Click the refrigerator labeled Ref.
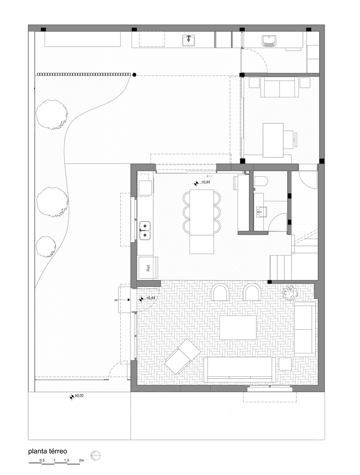tap(148, 268)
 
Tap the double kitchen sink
tap(145, 230)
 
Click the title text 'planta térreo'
tap(47, 451)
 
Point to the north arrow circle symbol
tap(95, 456)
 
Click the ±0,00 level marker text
tap(79, 395)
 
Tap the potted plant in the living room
tap(290, 293)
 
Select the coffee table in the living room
tap(238, 327)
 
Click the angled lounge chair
tap(182, 356)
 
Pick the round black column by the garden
tap(134, 74)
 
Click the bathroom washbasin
tap(260, 212)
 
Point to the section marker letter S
tap(116, 300)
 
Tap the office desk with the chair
tap(273, 140)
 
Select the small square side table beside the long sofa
tap(285, 364)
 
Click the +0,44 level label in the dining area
tap(205, 182)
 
